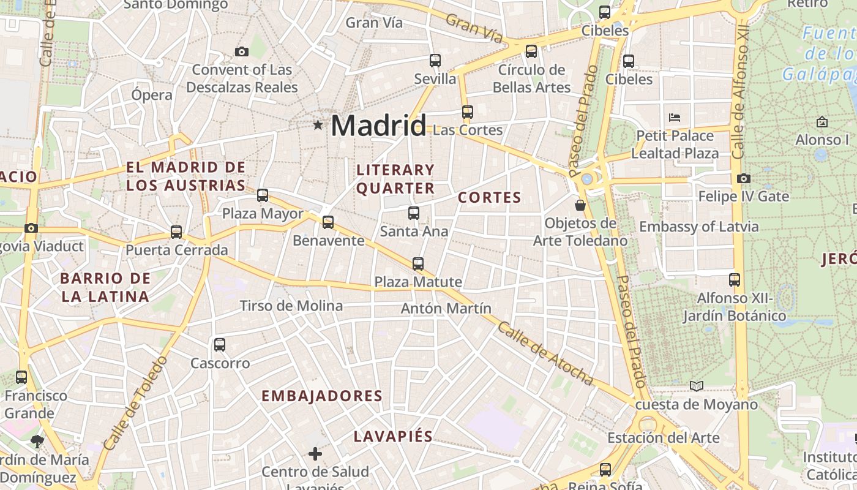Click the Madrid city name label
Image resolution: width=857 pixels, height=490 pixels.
[378, 126]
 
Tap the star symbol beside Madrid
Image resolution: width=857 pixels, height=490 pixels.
[318, 126]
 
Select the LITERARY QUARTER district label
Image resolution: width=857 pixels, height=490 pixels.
[395, 179]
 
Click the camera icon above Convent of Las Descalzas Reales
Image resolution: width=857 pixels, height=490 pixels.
[242, 52]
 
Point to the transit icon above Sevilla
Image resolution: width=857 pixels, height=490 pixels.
[435, 61]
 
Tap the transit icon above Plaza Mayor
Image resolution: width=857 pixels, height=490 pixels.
[263, 195]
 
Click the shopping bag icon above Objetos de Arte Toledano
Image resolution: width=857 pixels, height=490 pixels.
[580, 205]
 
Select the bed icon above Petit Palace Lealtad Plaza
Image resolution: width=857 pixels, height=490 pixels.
[675, 117]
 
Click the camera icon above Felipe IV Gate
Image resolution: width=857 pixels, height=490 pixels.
[744, 179]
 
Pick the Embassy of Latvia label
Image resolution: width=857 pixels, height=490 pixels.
[698, 227]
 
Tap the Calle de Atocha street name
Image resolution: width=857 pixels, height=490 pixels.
[545, 354]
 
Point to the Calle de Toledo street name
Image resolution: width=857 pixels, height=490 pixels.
[135, 404]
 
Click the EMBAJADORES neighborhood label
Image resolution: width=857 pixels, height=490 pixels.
[322, 396]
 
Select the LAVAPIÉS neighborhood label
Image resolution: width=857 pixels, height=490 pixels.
[393, 437]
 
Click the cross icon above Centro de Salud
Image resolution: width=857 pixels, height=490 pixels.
[315, 454]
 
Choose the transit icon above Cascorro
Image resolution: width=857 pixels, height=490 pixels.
[220, 345]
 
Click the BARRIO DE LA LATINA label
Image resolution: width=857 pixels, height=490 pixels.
[105, 287]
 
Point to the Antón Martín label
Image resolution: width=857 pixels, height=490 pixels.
[446, 308]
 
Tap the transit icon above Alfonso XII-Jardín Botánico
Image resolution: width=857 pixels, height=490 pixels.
[735, 280]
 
